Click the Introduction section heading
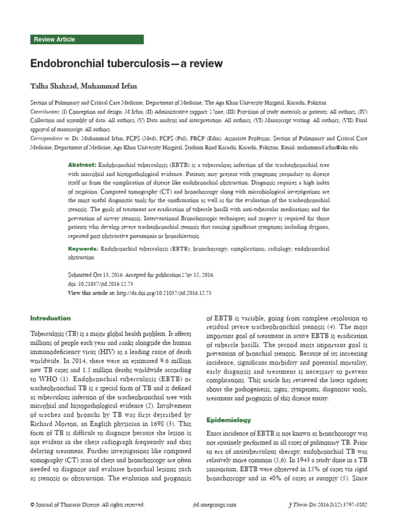pyautogui.click(x=50, y=318)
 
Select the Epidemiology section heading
pyautogui.click(x=229, y=419)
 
